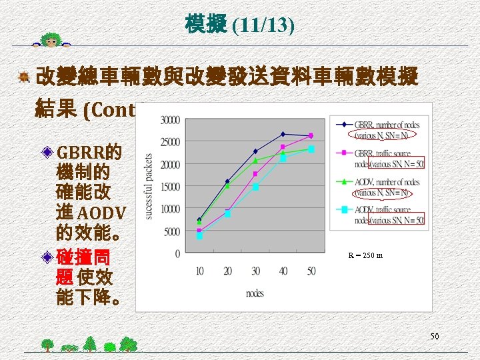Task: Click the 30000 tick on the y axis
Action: click(170, 120)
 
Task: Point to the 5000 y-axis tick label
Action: click(171, 231)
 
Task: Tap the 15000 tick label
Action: click(170, 187)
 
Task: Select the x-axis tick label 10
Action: click(199, 271)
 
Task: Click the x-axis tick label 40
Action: click(283, 271)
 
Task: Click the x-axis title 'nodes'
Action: click(255, 293)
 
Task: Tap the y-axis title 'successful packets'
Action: click(149, 186)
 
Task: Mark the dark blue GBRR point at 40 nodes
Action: click(283, 134)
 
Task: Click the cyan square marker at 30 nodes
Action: click(255, 187)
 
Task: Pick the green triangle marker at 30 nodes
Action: click(255, 161)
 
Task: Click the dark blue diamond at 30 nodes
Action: click(255, 151)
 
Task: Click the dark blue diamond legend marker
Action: click(344, 124)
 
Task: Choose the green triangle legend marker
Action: click(344, 181)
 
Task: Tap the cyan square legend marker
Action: click(344, 209)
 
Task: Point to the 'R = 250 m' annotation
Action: click(365, 255)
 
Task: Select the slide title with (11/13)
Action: click(240, 25)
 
